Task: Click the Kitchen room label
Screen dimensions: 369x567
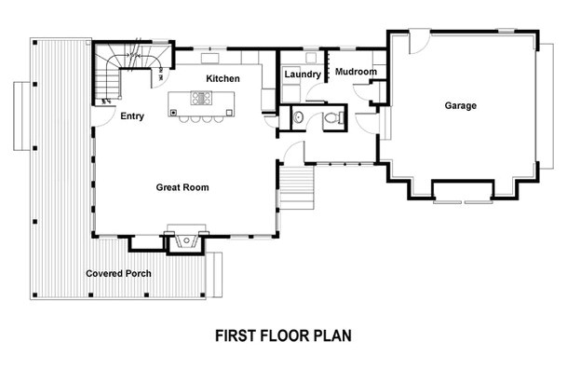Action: point(223,78)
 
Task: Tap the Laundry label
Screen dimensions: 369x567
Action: point(303,74)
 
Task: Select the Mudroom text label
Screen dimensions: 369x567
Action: point(355,72)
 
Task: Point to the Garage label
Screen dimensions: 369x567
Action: point(459,106)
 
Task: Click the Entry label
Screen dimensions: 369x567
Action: point(131,116)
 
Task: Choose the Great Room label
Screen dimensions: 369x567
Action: point(182,187)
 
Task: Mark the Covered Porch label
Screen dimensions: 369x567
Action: point(121,273)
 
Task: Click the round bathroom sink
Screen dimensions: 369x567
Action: point(298,117)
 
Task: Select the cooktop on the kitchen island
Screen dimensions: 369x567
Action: point(201,97)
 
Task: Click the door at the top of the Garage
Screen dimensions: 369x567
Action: point(417,41)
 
